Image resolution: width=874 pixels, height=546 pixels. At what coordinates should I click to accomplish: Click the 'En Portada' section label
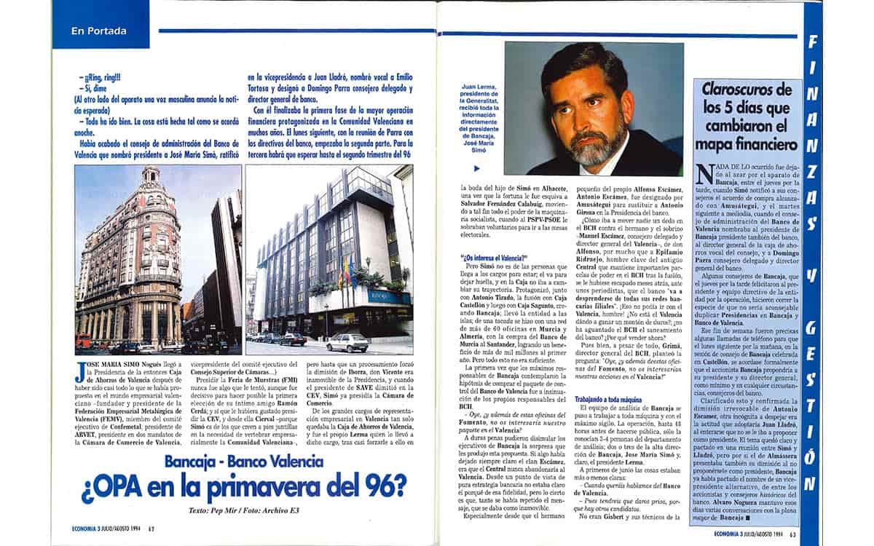click(x=99, y=31)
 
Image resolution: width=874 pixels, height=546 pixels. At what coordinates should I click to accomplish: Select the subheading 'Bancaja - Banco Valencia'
click(x=245, y=461)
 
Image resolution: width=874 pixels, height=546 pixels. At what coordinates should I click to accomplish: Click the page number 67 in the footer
click(x=151, y=529)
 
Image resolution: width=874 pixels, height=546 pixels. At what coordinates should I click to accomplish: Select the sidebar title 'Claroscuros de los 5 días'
click(x=746, y=116)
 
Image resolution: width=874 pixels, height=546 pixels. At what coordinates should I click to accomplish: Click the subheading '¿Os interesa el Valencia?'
click(x=493, y=258)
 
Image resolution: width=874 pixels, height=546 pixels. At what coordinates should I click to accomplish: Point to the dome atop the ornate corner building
click(x=151, y=175)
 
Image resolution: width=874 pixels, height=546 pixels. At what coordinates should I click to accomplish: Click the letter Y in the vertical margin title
click(x=810, y=277)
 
